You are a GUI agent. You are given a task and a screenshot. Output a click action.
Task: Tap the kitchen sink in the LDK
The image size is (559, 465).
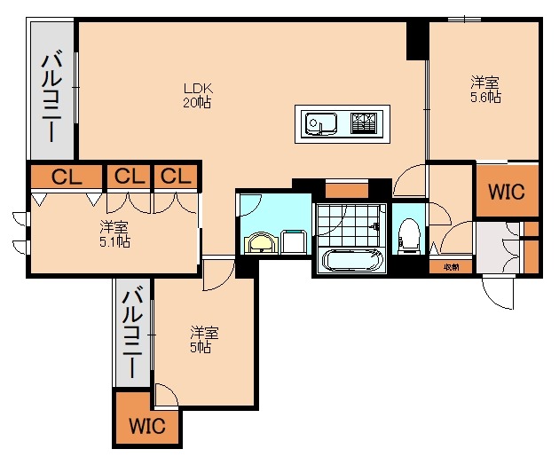pyautogui.click(x=319, y=123)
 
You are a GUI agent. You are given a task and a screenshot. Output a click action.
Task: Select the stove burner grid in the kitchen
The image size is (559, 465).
pyautogui.click(x=364, y=122)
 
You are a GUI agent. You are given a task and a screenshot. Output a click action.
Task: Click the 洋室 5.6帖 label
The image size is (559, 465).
pyautogui.click(x=485, y=91)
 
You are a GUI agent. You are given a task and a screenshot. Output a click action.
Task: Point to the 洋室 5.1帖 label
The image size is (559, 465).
pyautogui.click(x=114, y=233)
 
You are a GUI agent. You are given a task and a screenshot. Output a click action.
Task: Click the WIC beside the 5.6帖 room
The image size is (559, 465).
pyautogui.click(x=507, y=191)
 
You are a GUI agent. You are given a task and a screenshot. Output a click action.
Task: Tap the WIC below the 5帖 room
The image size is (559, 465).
pyautogui.click(x=146, y=426)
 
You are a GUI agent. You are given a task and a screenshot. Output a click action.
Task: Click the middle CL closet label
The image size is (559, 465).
pyautogui.click(x=130, y=177)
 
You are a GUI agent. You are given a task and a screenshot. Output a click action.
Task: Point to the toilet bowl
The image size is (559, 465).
pyautogui.click(x=409, y=234)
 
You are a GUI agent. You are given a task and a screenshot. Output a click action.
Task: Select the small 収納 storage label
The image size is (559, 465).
pyautogui.click(x=451, y=266)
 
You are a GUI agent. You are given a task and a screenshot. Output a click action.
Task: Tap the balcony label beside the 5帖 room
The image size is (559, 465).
pyautogui.click(x=132, y=333)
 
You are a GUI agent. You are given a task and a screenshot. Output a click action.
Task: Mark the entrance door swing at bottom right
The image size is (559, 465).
pyautogui.click(x=499, y=293)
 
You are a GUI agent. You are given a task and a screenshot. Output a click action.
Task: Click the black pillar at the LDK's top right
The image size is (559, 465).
pyautogui.click(x=417, y=40)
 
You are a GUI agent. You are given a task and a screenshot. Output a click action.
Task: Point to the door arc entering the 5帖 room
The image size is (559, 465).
pyautogui.click(x=215, y=278)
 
